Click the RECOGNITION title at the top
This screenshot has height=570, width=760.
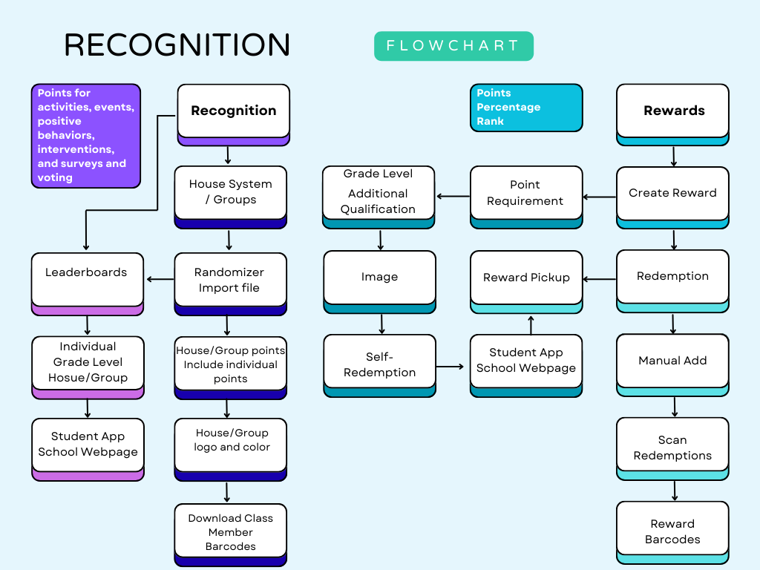click(x=177, y=45)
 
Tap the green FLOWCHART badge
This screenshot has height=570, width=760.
click(x=453, y=46)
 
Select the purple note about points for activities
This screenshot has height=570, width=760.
click(x=85, y=135)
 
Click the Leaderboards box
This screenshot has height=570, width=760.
click(x=87, y=279)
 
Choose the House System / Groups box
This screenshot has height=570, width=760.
click(x=230, y=192)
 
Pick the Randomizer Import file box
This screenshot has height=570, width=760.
click(x=230, y=280)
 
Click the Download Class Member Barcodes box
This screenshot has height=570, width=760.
click(x=230, y=532)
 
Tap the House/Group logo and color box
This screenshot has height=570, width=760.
click(x=230, y=445)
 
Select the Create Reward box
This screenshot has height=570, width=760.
click(x=672, y=193)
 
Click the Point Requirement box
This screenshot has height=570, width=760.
click(x=525, y=193)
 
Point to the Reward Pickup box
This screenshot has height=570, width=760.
click(x=525, y=278)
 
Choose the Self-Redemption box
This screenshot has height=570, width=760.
click(x=379, y=364)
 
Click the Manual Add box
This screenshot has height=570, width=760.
click(x=672, y=361)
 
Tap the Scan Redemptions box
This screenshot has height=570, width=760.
click(x=672, y=448)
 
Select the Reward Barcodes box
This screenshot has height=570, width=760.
click(x=672, y=531)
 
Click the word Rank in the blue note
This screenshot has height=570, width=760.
click(x=491, y=121)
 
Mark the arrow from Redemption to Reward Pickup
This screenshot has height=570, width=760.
click(x=600, y=279)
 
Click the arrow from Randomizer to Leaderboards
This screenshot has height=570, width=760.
click(x=160, y=279)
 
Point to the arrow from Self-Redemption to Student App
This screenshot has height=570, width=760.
click(x=452, y=366)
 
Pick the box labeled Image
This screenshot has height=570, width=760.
click(x=379, y=278)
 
